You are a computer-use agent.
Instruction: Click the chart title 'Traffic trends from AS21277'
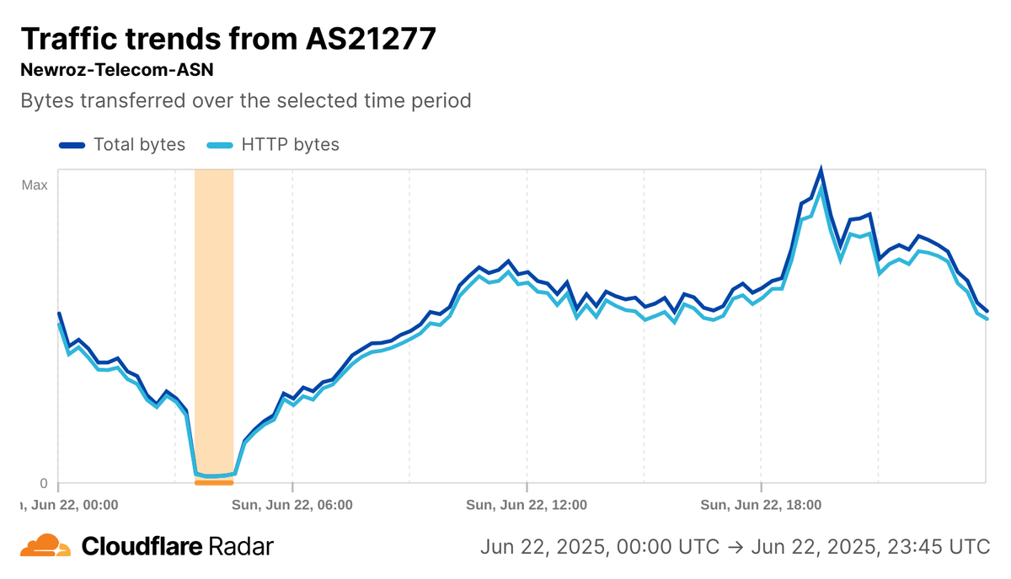227,39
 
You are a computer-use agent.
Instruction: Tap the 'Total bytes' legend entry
139,144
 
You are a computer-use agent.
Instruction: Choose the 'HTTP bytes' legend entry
290,144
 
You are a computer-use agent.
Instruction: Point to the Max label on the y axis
35,185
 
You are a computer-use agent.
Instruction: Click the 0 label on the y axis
44,483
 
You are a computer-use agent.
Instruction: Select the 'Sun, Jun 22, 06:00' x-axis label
292,505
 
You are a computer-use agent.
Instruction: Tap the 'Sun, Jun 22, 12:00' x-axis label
526,505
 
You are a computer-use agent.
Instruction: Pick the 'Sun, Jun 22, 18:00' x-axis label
760,505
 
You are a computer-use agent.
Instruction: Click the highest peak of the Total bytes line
821,171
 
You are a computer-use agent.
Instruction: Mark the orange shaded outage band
214,320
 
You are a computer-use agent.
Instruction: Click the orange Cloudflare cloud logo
45,546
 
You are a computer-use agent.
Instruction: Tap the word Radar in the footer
239,546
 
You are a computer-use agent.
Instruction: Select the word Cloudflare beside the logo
142,546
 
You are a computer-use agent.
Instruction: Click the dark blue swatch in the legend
72,145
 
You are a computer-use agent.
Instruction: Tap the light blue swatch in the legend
220,145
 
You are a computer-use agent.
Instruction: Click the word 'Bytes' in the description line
45,101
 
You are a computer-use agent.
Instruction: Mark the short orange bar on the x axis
214,483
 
